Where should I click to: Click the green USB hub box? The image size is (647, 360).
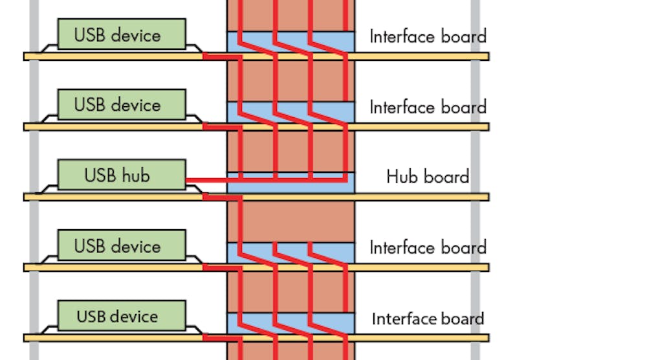[x=122, y=175]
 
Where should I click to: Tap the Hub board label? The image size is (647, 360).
[x=427, y=176]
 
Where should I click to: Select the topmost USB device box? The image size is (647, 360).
[x=122, y=34]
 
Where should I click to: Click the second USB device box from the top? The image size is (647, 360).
[x=122, y=105]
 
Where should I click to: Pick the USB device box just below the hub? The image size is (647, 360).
[x=122, y=246]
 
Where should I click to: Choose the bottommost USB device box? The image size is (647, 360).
[x=122, y=316]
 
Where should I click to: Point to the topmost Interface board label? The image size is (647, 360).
[x=428, y=36]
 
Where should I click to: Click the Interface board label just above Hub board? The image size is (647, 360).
[x=428, y=107]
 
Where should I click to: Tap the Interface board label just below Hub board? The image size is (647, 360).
[x=428, y=247]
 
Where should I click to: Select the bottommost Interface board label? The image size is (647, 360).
[x=428, y=319]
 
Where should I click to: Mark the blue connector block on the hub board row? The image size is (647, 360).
[x=291, y=185]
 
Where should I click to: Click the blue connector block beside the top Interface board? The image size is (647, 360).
[x=291, y=41]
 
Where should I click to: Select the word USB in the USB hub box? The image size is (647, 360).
[x=99, y=175]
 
